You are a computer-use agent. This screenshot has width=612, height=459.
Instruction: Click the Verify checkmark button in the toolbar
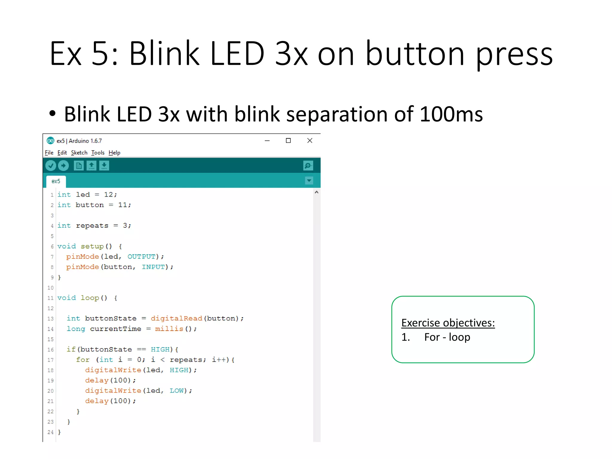(51, 166)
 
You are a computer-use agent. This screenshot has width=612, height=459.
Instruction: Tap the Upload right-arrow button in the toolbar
(63, 166)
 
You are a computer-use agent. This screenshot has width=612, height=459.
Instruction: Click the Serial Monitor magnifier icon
(308, 166)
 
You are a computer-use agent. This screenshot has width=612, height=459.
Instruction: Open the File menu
(49, 153)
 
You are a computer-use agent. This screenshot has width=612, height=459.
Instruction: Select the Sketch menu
(79, 153)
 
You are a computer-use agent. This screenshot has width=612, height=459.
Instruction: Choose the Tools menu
(98, 153)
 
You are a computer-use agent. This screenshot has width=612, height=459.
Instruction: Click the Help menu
(114, 153)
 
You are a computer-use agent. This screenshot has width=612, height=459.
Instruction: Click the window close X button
(310, 140)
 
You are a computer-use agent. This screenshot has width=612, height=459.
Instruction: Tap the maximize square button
(288, 140)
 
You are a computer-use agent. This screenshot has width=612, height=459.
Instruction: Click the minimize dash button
(267, 140)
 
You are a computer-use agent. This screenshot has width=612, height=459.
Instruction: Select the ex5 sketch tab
(56, 181)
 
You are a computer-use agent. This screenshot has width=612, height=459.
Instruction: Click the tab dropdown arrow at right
(309, 180)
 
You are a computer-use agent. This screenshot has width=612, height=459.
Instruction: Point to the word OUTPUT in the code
(141, 257)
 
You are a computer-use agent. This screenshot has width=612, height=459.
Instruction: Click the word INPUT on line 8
(153, 267)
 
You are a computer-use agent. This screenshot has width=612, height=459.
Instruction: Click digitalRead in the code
(176, 319)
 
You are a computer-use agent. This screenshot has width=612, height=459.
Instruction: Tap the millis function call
(169, 329)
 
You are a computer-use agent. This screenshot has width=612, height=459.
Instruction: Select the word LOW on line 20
(177, 391)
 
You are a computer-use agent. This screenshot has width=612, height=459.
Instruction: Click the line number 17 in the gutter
(51, 360)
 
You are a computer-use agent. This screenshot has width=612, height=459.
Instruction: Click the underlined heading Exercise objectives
(448, 323)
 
